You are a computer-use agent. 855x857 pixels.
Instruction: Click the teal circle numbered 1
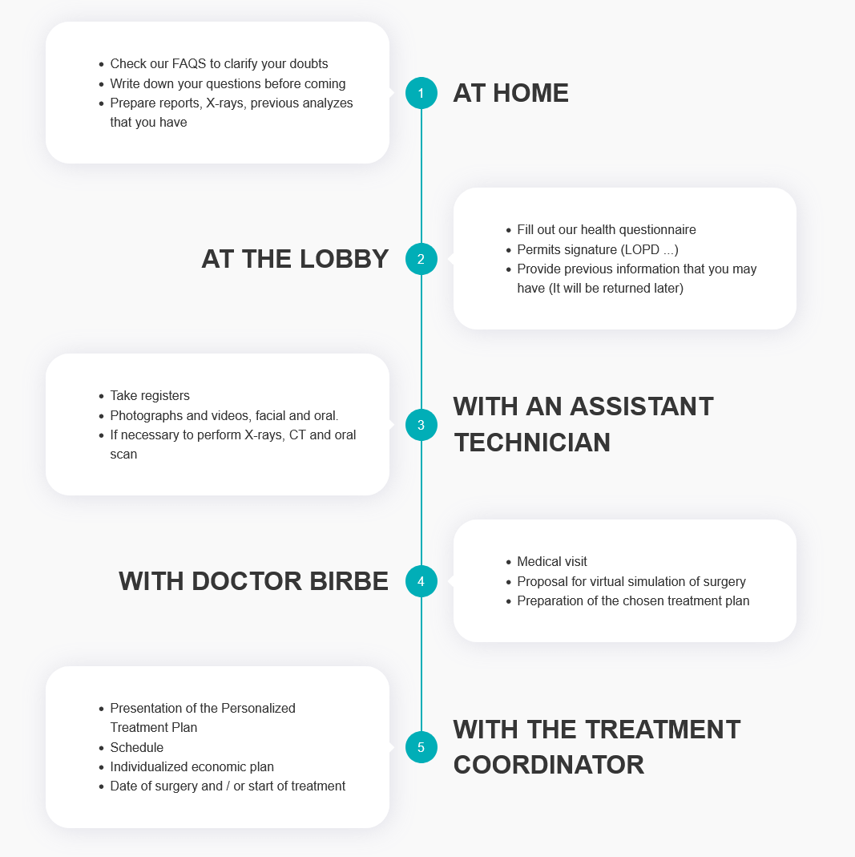421,93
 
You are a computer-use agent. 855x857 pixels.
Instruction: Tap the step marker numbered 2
421,259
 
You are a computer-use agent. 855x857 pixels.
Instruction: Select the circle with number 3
421,425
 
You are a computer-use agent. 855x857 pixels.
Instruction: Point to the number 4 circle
421,581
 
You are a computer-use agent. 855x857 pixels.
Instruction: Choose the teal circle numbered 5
421,748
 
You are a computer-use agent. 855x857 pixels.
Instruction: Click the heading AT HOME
510,93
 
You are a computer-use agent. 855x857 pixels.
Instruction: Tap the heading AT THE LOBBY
295,259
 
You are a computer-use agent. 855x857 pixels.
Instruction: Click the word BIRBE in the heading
349,581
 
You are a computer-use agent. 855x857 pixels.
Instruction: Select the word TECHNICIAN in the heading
532,443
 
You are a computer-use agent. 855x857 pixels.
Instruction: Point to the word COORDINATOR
549,765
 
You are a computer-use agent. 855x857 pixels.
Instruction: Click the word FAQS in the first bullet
189,64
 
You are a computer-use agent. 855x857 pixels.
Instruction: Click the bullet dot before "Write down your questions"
101,84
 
